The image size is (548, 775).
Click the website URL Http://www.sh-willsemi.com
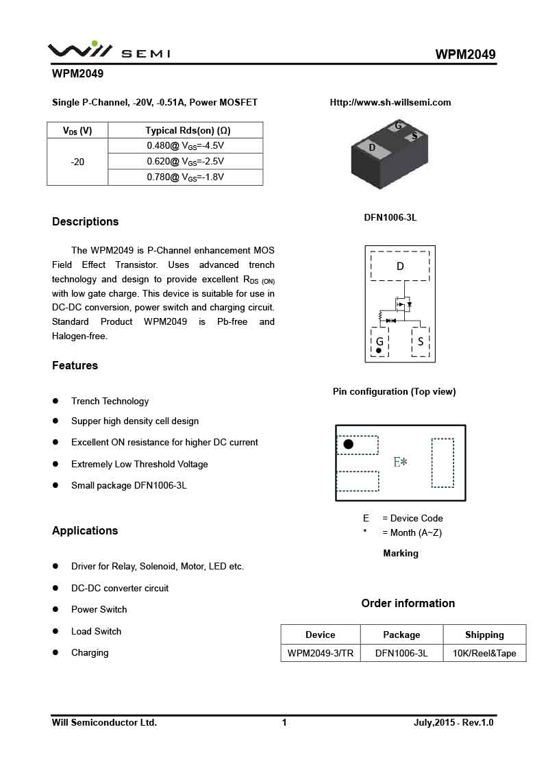coord(390,103)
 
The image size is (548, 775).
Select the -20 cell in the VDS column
coord(77,162)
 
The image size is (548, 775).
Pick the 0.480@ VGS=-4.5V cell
coord(186,146)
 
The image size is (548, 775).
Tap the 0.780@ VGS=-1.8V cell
coord(186,177)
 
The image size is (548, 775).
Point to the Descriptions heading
coord(86,222)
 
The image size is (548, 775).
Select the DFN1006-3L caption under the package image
coord(390,218)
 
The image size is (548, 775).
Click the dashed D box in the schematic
coord(400,266)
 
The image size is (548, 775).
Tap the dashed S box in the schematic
coord(420,341)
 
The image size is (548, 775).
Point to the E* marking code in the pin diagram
coord(401,463)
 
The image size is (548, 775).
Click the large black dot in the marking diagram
coord(348,444)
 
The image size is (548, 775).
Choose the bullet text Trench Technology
coord(110,402)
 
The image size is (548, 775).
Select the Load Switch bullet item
coord(96,632)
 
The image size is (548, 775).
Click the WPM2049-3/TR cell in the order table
coord(321,654)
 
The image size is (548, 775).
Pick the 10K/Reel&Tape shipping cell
coord(484,654)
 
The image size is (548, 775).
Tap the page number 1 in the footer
coord(284,723)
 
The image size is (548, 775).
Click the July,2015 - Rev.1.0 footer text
coord(453,723)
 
